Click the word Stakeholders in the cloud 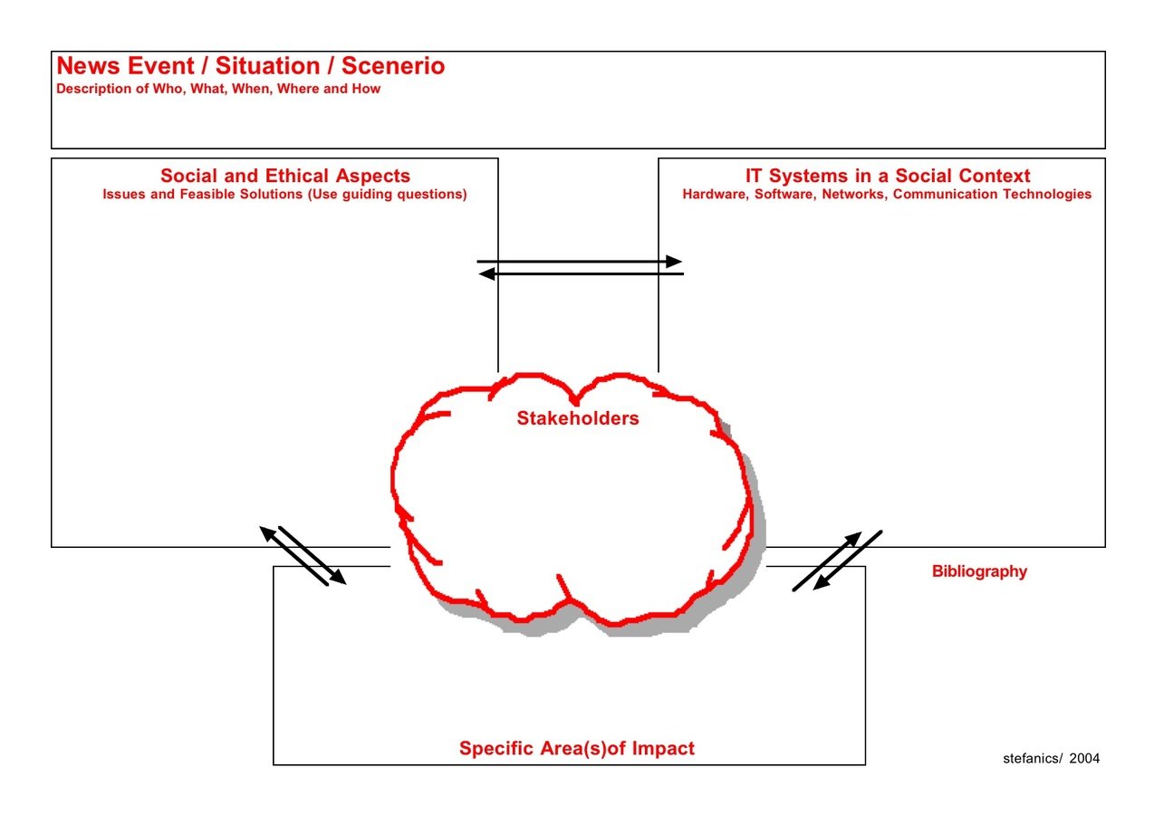point(578,418)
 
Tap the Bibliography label point(979,571)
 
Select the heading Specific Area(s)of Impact point(577,748)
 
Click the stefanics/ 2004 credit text point(1051,759)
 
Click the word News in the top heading point(82,66)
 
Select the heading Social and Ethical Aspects point(285,176)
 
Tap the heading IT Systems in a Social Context point(888,176)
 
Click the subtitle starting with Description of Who point(218,89)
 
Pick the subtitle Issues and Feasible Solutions point(284,195)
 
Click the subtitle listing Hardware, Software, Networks point(887,195)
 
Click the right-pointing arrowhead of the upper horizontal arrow point(674,262)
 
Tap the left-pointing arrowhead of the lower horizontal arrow point(486,273)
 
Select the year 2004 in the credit point(1084,759)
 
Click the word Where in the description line point(297,89)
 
